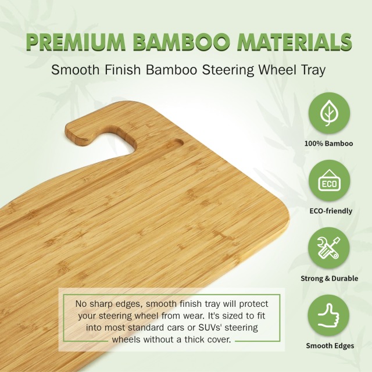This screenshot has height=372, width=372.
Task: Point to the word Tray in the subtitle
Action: [307, 70]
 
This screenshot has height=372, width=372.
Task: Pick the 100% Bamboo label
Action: [329, 143]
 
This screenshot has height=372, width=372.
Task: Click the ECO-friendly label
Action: [329, 211]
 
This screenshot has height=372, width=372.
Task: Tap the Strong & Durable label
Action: [329, 278]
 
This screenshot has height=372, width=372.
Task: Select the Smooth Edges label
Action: [330, 346]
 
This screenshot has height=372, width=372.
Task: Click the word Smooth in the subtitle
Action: [72, 70]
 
